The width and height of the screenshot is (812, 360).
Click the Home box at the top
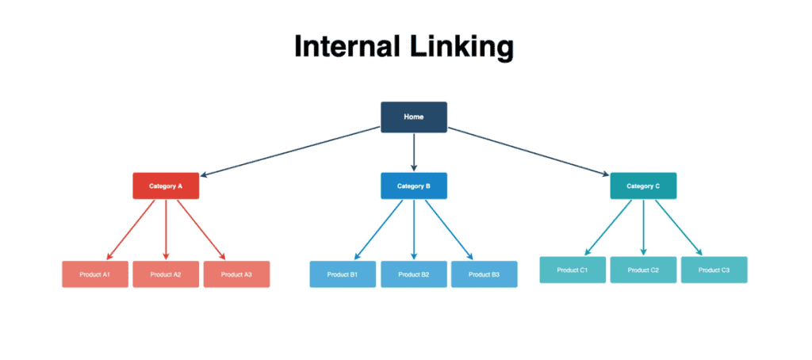click(413, 117)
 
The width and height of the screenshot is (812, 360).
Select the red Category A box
click(166, 186)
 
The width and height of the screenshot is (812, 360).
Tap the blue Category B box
click(413, 186)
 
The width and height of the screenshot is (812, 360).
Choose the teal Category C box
click(643, 186)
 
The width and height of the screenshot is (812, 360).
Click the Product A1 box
click(95, 274)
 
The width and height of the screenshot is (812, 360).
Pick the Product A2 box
click(166, 274)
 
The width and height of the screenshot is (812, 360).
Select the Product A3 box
click(236, 274)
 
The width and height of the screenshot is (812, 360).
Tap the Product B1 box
click(343, 274)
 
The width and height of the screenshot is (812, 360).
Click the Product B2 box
click(413, 274)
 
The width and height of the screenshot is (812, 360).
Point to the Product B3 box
click(484, 274)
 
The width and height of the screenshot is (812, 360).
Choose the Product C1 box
click(573, 270)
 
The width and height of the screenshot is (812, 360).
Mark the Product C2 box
click(643, 270)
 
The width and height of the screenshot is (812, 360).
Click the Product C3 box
click(714, 270)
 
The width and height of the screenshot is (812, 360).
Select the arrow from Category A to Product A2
click(166, 230)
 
